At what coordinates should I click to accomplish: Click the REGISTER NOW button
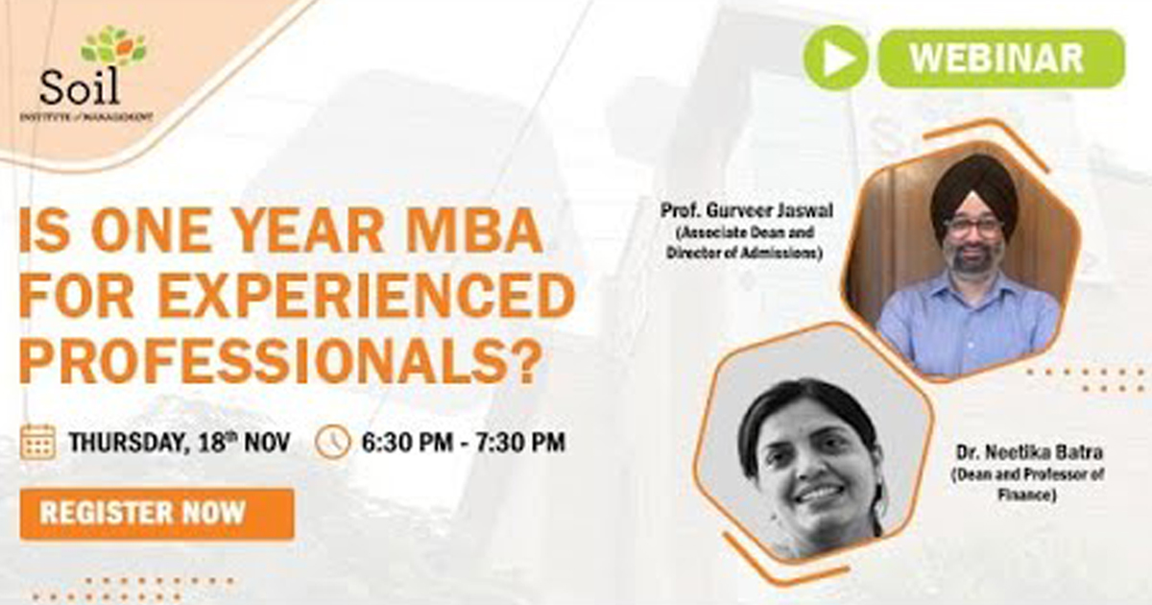click(157, 514)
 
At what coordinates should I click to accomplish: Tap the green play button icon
click(836, 58)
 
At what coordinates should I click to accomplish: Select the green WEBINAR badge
click(1001, 59)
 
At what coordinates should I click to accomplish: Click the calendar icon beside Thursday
click(38, 442)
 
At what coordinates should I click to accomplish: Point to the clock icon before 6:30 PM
click(333, 442)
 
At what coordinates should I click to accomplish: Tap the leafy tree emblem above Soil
click(113, 46)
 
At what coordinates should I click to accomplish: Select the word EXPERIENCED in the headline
click(367, 296)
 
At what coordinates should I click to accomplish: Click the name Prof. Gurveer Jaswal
click(746, 210)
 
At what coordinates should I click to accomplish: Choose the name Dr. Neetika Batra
click(1029, 452)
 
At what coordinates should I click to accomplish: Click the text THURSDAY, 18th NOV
click(180, 442)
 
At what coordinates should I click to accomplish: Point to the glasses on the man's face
click(973, 227)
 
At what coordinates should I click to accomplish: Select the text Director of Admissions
click(744, 253)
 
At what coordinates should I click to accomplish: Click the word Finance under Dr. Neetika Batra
click(1026, 495)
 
